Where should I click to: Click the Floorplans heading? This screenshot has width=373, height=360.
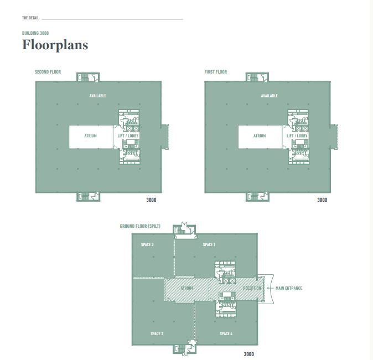(55, 45)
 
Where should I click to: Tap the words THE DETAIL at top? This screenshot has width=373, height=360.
(30, 18)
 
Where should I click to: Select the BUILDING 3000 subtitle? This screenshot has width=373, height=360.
(35, 33)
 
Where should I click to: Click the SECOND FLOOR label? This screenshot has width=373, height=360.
(48, 72)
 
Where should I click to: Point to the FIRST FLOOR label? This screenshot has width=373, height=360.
(216, 72)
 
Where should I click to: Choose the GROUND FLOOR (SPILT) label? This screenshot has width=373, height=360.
(140, 226)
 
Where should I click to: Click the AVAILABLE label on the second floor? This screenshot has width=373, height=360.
(98, 96)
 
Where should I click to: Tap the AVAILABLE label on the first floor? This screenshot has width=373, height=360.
(270, 96)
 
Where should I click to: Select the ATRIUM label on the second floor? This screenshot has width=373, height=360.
(90, 136)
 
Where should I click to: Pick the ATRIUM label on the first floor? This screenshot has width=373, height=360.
(260, 136)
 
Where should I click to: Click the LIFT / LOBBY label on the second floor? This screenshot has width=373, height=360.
(128, 136)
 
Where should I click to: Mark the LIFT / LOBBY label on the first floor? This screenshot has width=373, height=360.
(297, 136)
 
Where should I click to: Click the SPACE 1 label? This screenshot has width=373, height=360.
(209, 244)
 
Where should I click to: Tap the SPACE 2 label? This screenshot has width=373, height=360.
(147, 244)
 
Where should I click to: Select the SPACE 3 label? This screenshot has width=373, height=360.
(157, 333)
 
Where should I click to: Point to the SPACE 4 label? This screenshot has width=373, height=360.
(226, 333)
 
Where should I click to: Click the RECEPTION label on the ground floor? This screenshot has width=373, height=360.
(252, 288)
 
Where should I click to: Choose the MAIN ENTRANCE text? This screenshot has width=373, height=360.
(289, 288)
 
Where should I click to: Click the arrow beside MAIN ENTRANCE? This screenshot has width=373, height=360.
(270, 288)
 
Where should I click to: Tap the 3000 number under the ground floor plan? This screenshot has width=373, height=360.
(249, 354)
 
